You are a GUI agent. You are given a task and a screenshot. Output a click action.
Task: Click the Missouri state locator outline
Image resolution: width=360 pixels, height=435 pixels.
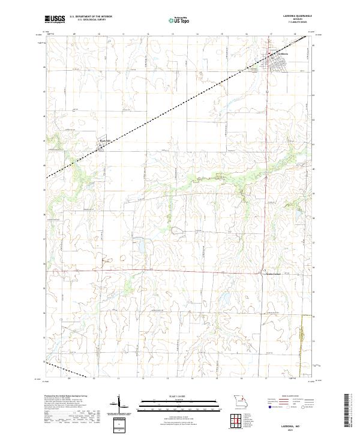pos(238,400)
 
